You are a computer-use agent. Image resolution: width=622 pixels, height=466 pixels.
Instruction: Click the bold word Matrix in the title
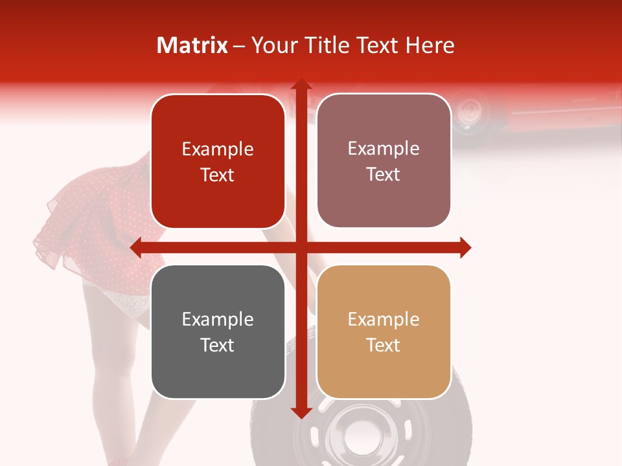tap(192, 45)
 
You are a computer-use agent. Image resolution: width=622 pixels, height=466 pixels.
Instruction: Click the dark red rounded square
tap(218, 161)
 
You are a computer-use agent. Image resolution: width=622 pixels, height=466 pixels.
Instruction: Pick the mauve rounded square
tap(384, 161)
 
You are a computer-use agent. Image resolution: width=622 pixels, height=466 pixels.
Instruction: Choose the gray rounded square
tap(218, 331)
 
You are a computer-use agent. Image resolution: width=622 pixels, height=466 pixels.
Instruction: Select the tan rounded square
tap(384, 331)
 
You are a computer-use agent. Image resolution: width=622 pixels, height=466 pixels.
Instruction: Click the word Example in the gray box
tap(218, 319)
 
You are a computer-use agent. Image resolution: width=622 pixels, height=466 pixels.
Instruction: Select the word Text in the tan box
tap(384, 345)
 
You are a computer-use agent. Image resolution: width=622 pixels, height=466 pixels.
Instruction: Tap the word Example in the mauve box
tap(384, 149)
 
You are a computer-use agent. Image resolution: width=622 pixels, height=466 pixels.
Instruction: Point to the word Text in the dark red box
tap(218, 175)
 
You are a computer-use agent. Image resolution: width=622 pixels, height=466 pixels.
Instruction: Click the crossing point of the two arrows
tap(300, 247)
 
